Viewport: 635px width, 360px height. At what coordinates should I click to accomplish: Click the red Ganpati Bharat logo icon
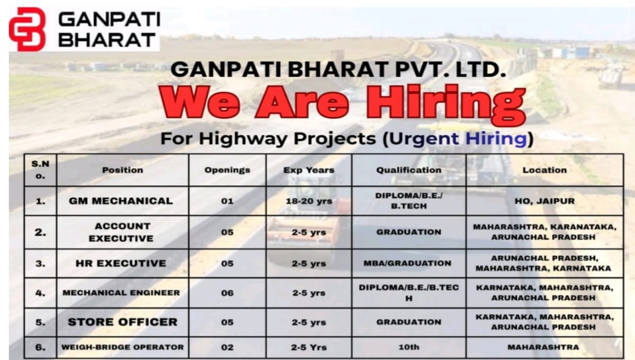coord(27,29)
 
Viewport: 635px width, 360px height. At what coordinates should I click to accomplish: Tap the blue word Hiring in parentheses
coord(495,139)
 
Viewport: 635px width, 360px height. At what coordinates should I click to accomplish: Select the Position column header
coord(123,170)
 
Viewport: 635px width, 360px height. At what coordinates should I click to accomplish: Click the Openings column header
coord(227,170)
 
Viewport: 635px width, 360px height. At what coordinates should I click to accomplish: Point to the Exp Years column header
coord(309,170)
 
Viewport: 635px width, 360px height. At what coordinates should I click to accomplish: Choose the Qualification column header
coord(409,170)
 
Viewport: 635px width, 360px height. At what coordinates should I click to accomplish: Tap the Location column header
coord(545,170)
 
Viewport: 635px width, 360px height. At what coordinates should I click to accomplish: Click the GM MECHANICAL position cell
coord(121,201)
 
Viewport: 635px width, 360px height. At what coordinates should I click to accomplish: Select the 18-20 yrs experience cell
coord(309,201)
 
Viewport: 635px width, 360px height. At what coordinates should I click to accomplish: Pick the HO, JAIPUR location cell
coord(545,201)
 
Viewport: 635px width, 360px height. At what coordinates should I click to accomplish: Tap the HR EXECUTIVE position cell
coord(121,263)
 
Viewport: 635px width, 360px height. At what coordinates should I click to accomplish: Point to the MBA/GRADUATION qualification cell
coord(409,263)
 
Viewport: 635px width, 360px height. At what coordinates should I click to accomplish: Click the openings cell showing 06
coord(227,293)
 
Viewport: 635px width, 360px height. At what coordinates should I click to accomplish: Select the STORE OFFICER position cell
coord(122,322)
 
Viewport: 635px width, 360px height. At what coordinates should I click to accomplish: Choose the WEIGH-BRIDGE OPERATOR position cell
coord(122,347)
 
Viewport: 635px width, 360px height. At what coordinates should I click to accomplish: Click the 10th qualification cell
coord(409,347)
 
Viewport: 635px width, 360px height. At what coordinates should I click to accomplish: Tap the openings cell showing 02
coord(227,347)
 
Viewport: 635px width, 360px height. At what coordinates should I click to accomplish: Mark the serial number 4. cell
coord(40,293)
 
